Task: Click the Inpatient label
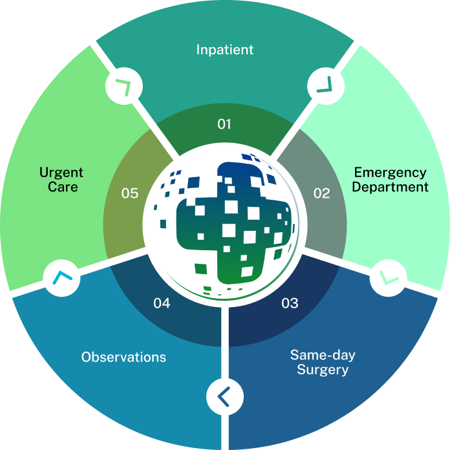pos(224,49)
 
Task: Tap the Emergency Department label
pos(390,180)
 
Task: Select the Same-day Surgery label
pos(323,363)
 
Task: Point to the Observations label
pos(123,357)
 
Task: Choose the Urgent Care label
pos(61,180)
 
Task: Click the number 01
pos(224,123)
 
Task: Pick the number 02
pos(321,193)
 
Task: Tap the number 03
pos(290,303)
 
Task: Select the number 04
pos(162,303)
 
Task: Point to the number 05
pos(130,193)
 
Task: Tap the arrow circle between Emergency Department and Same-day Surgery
pos(389,277)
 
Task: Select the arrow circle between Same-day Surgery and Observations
pos(224,395)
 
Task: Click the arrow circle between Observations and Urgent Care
pos(62,278)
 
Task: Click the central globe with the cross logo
pos(224,224)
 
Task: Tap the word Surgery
pos(323,370)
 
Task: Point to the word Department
pos(391,187)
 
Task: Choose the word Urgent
pos(61,173)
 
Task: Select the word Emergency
pos(390,173)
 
